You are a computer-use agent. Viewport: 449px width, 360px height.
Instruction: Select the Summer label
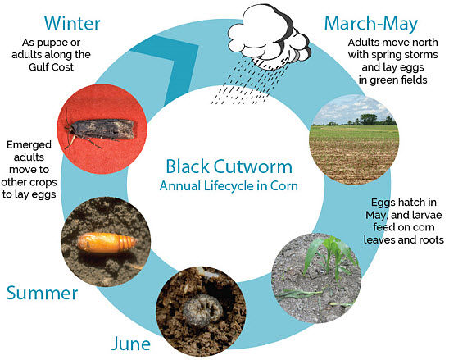click(x=43, y=292)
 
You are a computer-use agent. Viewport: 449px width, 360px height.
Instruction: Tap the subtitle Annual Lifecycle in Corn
click(x=224, y=186)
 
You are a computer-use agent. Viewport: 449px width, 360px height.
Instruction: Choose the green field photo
click(x=353, y=139)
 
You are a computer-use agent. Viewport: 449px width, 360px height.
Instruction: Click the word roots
click(x=426, y=240)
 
